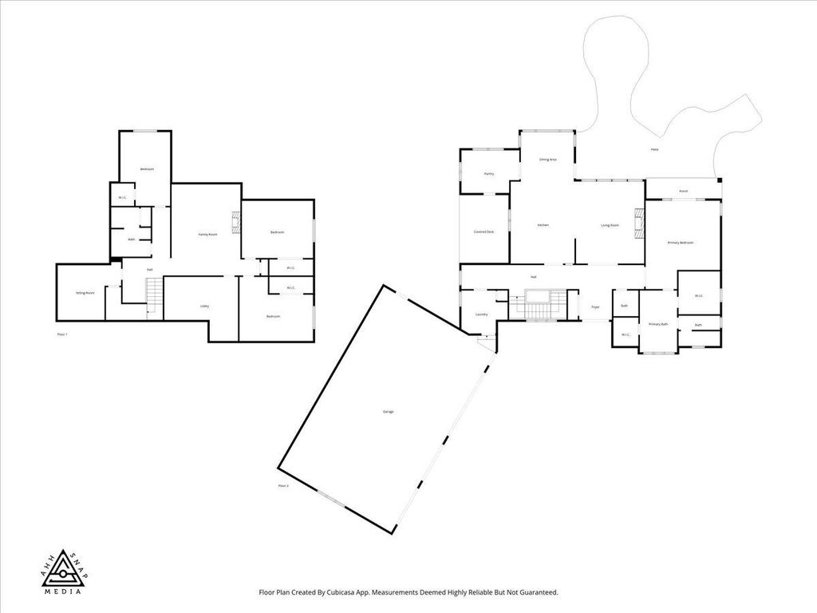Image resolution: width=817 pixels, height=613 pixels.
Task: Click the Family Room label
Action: click(207, 234)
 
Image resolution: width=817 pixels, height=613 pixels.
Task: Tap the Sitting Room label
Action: click(85, 293)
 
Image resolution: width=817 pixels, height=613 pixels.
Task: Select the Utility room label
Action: click(204, 306)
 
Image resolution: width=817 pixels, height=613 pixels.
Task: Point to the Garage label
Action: click(389, 411)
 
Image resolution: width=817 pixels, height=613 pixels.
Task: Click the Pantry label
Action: click(489, 173)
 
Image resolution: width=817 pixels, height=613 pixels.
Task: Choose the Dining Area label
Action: click(547, 160)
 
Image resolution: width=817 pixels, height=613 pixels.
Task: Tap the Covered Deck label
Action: click(484, 231)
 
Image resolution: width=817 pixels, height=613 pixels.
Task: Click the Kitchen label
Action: click(543, 225)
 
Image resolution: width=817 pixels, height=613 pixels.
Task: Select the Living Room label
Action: click(610, 225)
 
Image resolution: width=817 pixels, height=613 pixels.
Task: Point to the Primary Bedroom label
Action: click(681, 242)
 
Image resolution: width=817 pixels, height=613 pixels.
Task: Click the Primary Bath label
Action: click(658, 324)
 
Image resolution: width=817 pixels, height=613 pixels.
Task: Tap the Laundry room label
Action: click(481, 314)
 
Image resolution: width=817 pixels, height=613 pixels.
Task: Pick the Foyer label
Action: click(594, 306)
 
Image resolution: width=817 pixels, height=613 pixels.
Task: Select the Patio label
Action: click(654, 149)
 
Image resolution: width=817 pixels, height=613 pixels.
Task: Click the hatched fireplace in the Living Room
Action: click(637, 223)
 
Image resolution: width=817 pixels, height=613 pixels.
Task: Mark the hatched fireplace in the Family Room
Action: click(235, 223)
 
